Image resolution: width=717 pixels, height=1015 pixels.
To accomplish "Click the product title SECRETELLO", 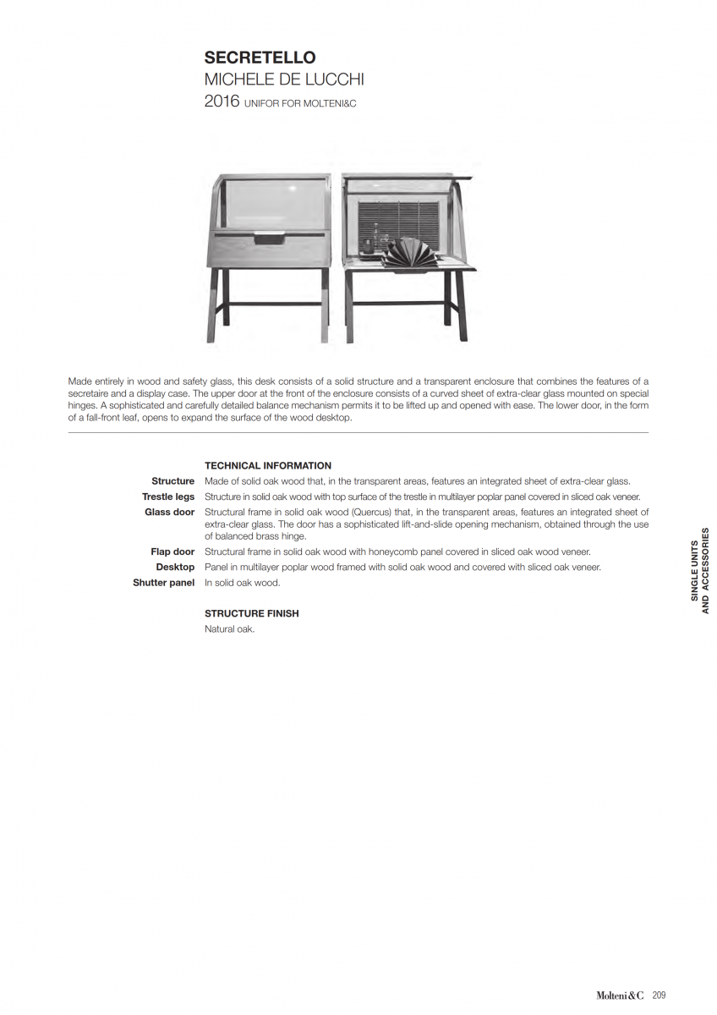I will [260, 58].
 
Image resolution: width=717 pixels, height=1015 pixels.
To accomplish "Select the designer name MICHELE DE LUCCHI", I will [284, 80].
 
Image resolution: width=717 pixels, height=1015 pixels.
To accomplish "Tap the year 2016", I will [222, 101].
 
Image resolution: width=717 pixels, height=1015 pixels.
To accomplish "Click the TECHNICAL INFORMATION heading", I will [268, 465].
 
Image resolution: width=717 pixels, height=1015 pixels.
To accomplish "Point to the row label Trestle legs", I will [168, 497].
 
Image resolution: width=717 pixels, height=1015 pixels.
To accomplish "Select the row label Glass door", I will [169, 512].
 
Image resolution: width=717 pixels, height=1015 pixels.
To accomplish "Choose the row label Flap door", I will [172, 551].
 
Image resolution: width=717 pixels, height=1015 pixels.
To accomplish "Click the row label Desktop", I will [175, 567].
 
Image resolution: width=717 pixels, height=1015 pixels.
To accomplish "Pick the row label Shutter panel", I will [163, 583].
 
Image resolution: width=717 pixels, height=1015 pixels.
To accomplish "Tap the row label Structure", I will [172, 480].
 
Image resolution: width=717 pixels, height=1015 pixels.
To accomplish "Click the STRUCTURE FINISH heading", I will [252, 613].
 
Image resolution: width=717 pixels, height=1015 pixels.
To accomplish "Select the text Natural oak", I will [229, 629].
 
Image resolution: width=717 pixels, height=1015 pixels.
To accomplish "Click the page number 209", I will [660, 996].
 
